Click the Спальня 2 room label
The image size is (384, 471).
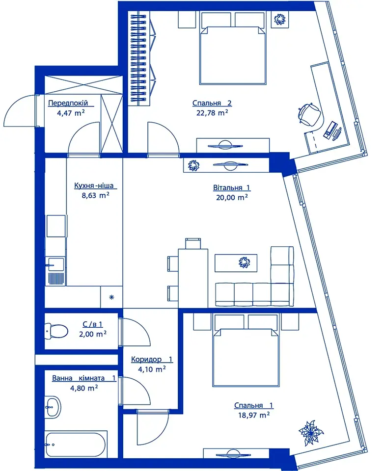212,103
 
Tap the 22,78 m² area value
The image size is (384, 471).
212,113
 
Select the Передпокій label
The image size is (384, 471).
68,103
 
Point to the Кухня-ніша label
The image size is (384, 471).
94,185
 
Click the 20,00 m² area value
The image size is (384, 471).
232,197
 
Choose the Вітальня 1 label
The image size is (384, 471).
232,188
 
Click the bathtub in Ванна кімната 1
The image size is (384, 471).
76,445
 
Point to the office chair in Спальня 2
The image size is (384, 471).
310,115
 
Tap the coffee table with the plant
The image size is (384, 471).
236,263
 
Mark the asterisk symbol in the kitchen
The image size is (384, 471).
111,297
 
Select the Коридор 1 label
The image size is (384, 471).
152,359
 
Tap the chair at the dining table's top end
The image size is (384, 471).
193,243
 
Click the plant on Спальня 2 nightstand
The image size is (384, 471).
280,20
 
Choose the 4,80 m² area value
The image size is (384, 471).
84,388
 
